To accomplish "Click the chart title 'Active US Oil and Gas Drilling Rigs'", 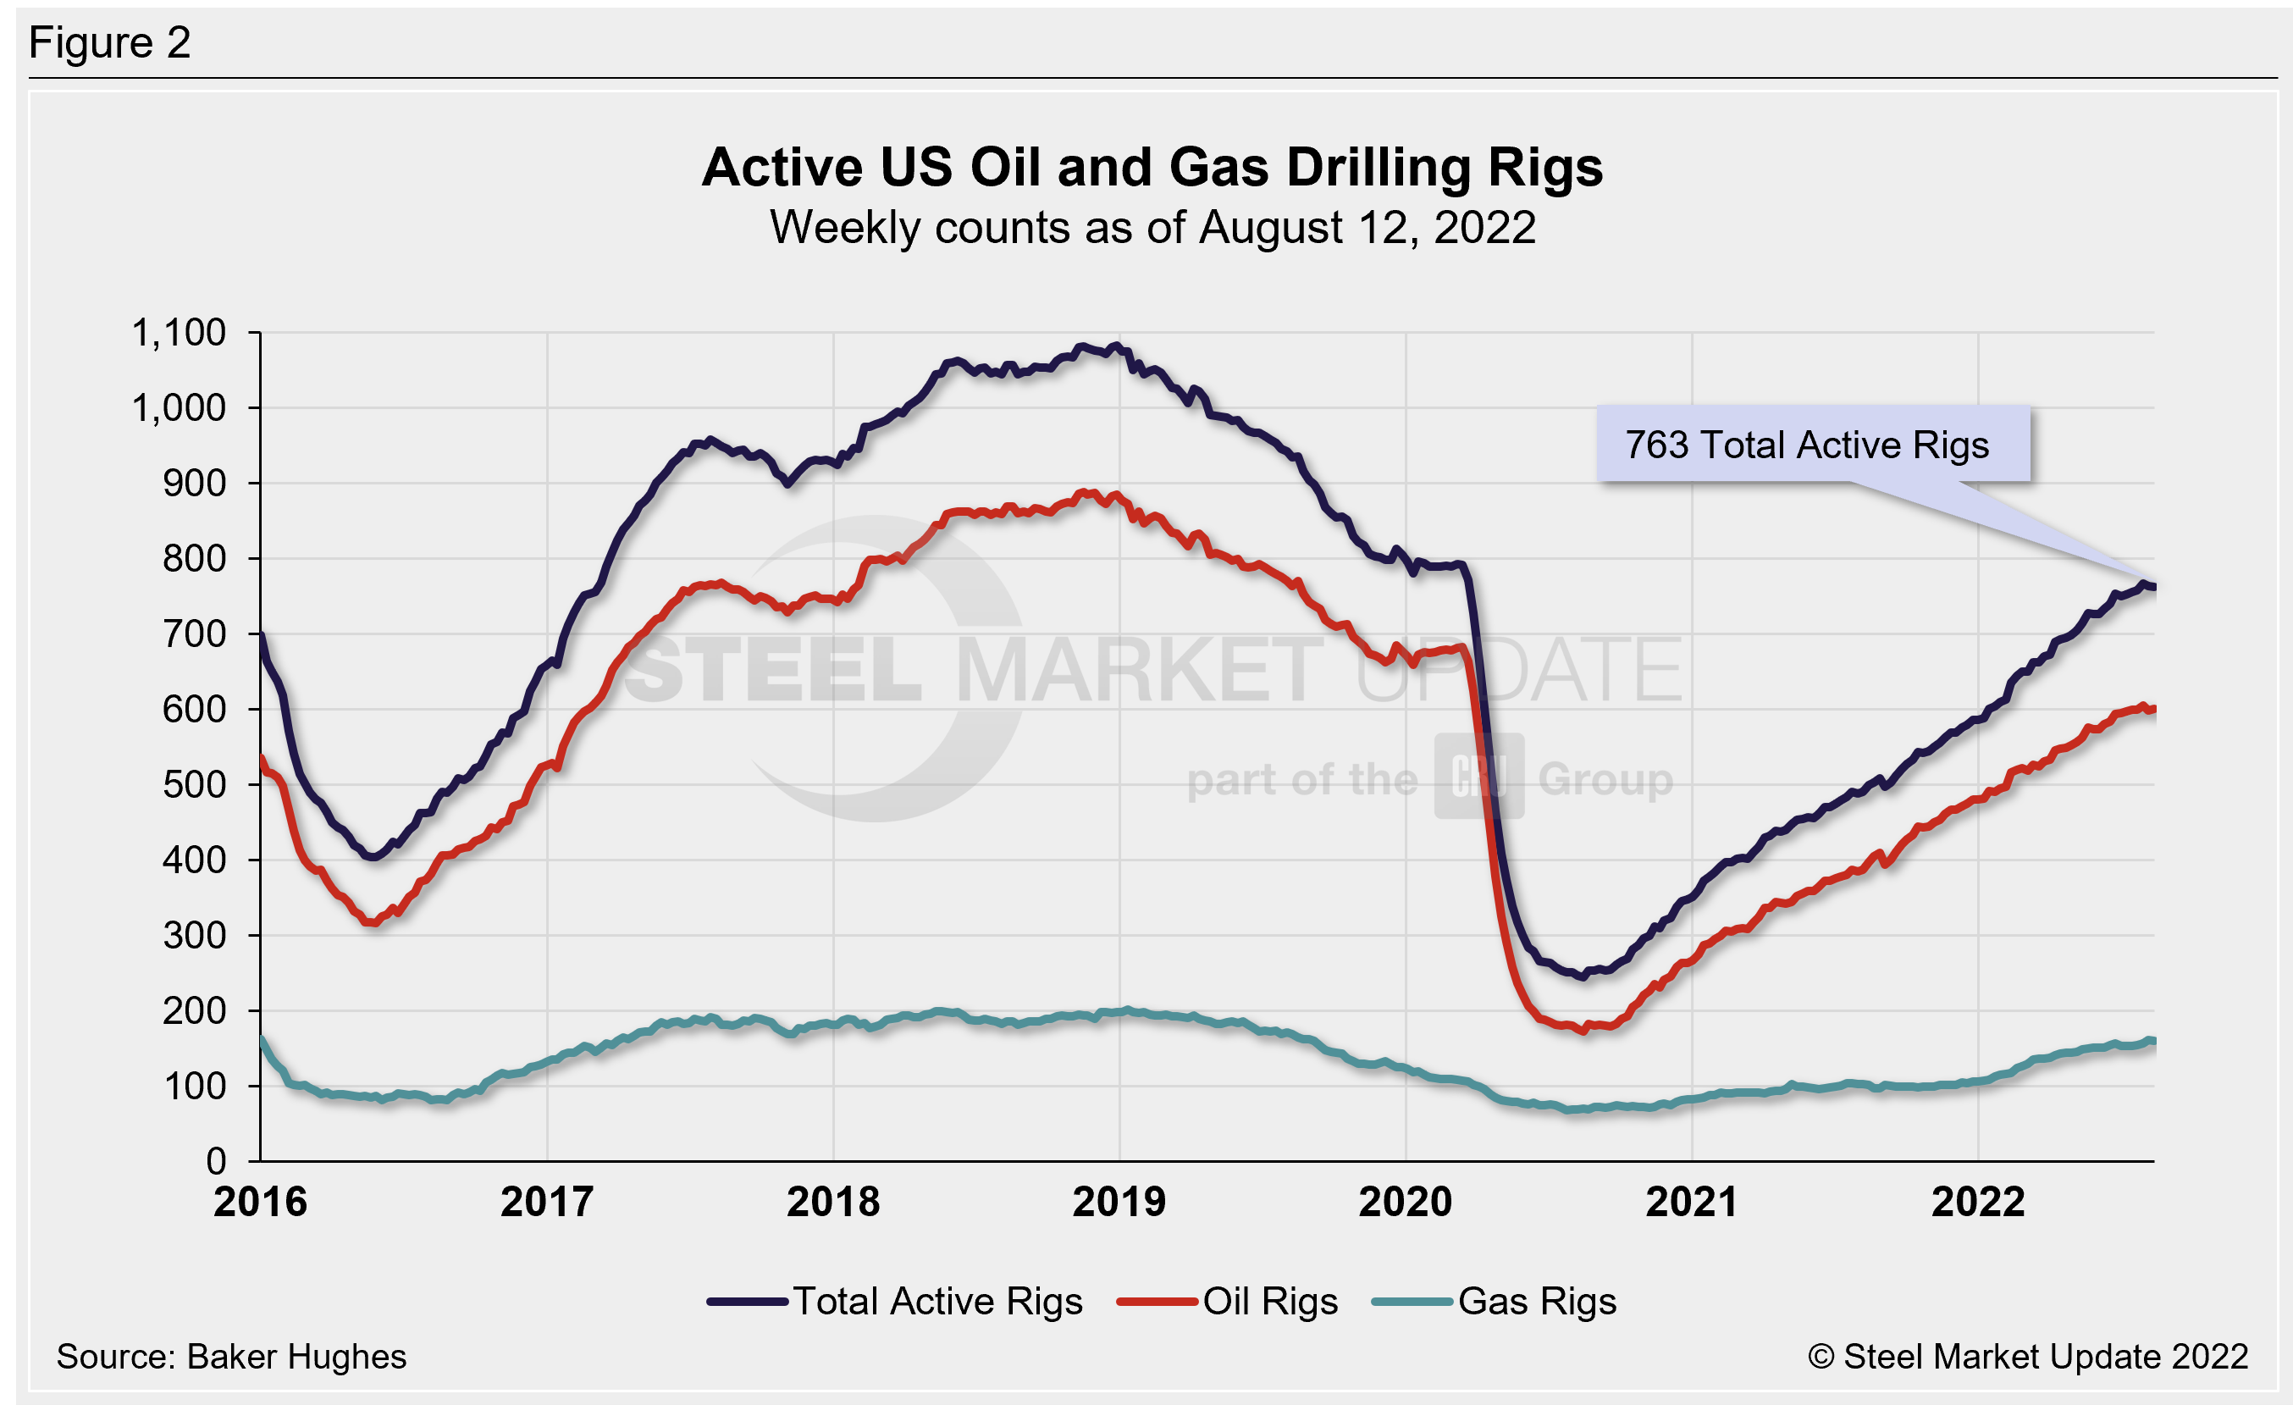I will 1152,168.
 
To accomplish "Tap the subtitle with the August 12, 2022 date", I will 1152,228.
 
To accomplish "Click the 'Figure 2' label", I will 110,43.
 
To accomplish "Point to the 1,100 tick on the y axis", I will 179,333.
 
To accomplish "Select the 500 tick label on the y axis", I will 194,784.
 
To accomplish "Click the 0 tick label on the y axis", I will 216,1161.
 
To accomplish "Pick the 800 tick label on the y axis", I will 194,558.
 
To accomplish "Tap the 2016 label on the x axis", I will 261,1202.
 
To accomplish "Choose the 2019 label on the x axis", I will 1119,1202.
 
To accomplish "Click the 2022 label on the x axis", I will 1979,1202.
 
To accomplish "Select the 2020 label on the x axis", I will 1406,1202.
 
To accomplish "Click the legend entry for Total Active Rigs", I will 937,1301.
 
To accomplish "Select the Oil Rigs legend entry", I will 1269,1301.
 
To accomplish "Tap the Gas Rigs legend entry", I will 1536,1301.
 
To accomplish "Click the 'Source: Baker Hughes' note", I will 231,1357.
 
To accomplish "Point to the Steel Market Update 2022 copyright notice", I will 2029,1357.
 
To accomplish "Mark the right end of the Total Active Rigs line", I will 2152,587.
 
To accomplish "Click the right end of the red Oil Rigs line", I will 2152,710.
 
